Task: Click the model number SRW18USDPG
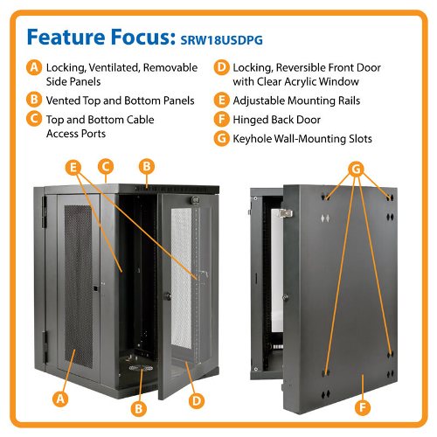click(x=221, y=40)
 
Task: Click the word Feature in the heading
click(x=66, y=37)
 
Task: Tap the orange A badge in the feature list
click(x=34, y=67)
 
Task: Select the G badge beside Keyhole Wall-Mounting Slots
click(x=222, y=138)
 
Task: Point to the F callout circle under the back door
click(x=363, y=407)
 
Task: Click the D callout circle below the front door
click(x=197, y=400)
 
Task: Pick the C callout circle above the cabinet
click(x=106, y=167)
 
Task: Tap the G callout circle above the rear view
click(x=357, y=169)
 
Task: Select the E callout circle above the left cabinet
click(x=73, y=168)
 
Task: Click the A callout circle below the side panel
click(x=60, y=399)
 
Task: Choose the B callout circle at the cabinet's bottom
click(x=139, y=408)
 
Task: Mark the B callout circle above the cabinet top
click(x=147, y=166)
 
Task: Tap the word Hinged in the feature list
click(x=250, y=120)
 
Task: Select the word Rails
click(x=349, y=101)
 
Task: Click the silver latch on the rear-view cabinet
click(x=285, y=213)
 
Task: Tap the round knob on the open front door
click(x=168, y=296)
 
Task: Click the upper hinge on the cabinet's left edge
click(x=45, y=212)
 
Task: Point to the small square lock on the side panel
click(x=95, y=288)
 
